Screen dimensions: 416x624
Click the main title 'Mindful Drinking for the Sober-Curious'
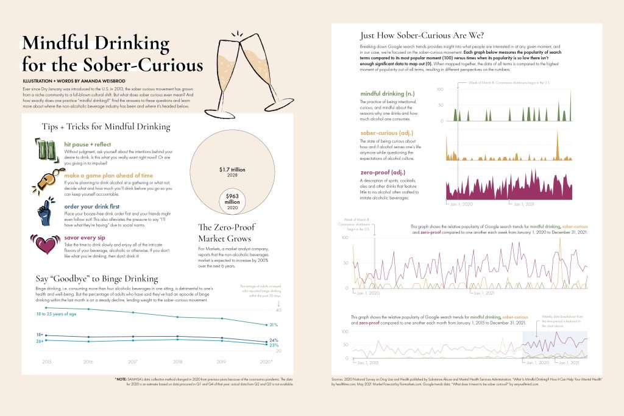(113, 54)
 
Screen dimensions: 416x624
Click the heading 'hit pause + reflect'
(88, 144)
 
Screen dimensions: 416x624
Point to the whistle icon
(47, 181)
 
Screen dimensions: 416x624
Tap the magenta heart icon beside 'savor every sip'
(47, 243)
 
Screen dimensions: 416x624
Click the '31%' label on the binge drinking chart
(274, 325)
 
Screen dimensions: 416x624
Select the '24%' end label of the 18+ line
(274, 340)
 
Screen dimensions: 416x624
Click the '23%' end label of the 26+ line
(274, 346)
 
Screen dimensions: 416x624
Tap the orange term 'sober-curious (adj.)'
(382, 132)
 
